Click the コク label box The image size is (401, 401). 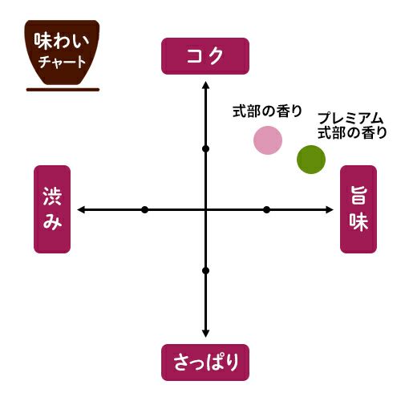point(205,56)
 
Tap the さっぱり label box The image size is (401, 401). point(205,363)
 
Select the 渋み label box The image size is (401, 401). point(52,209)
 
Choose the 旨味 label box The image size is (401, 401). point(358,209)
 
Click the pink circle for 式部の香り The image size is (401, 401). point(268,140)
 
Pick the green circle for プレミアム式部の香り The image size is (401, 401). point(311,160)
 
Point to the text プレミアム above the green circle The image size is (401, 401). point(350,119)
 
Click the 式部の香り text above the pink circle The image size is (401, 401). point(267,111)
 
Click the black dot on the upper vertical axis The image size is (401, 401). point(205,149)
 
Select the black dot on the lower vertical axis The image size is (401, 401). point(205,271)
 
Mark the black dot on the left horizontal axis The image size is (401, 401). point(144,210)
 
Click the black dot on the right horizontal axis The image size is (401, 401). point(266,210)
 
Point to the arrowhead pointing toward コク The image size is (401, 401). point(205,85)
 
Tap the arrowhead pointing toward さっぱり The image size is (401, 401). point(205,334)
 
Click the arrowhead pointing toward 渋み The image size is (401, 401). point(81,210)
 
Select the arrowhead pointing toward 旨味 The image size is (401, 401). point(330,210)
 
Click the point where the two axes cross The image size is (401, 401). point(205,210)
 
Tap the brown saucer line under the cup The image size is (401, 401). point(63,90)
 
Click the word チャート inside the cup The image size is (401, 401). point(62,62)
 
